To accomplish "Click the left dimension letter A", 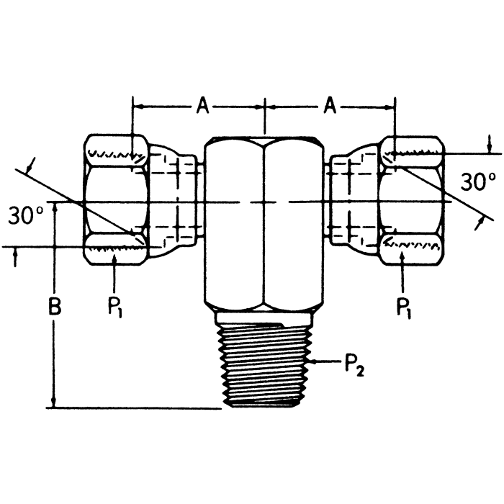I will (203, 107).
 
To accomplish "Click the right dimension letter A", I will (330, 107).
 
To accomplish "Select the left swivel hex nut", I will (115, 202).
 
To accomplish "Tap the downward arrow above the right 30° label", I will (490, 147).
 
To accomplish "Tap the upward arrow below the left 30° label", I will (14, 256).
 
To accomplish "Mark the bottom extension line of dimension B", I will (137, 408).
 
